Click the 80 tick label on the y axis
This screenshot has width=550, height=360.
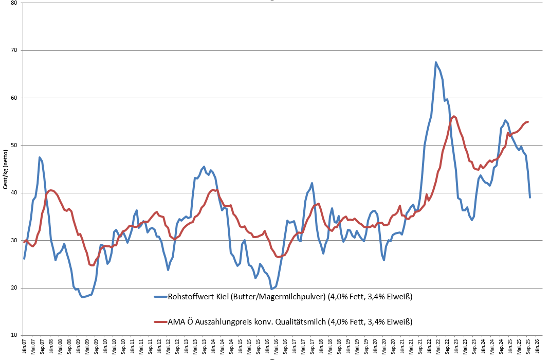tap(13, 3)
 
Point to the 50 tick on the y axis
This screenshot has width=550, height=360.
tap(13, 146)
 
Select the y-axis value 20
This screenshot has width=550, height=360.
tap(13, 288)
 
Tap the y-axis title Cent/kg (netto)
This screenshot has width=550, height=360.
tap(5, 169)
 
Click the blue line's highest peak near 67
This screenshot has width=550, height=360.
tap(436, 62)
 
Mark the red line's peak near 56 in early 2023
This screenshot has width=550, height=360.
tap(454, 116)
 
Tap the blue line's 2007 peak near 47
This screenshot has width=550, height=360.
tap(40, 157)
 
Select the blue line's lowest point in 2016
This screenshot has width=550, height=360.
tap(271, 289)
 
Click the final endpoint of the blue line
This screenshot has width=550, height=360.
tap(530, 197)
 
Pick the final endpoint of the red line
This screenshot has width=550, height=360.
tap(528, 122)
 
